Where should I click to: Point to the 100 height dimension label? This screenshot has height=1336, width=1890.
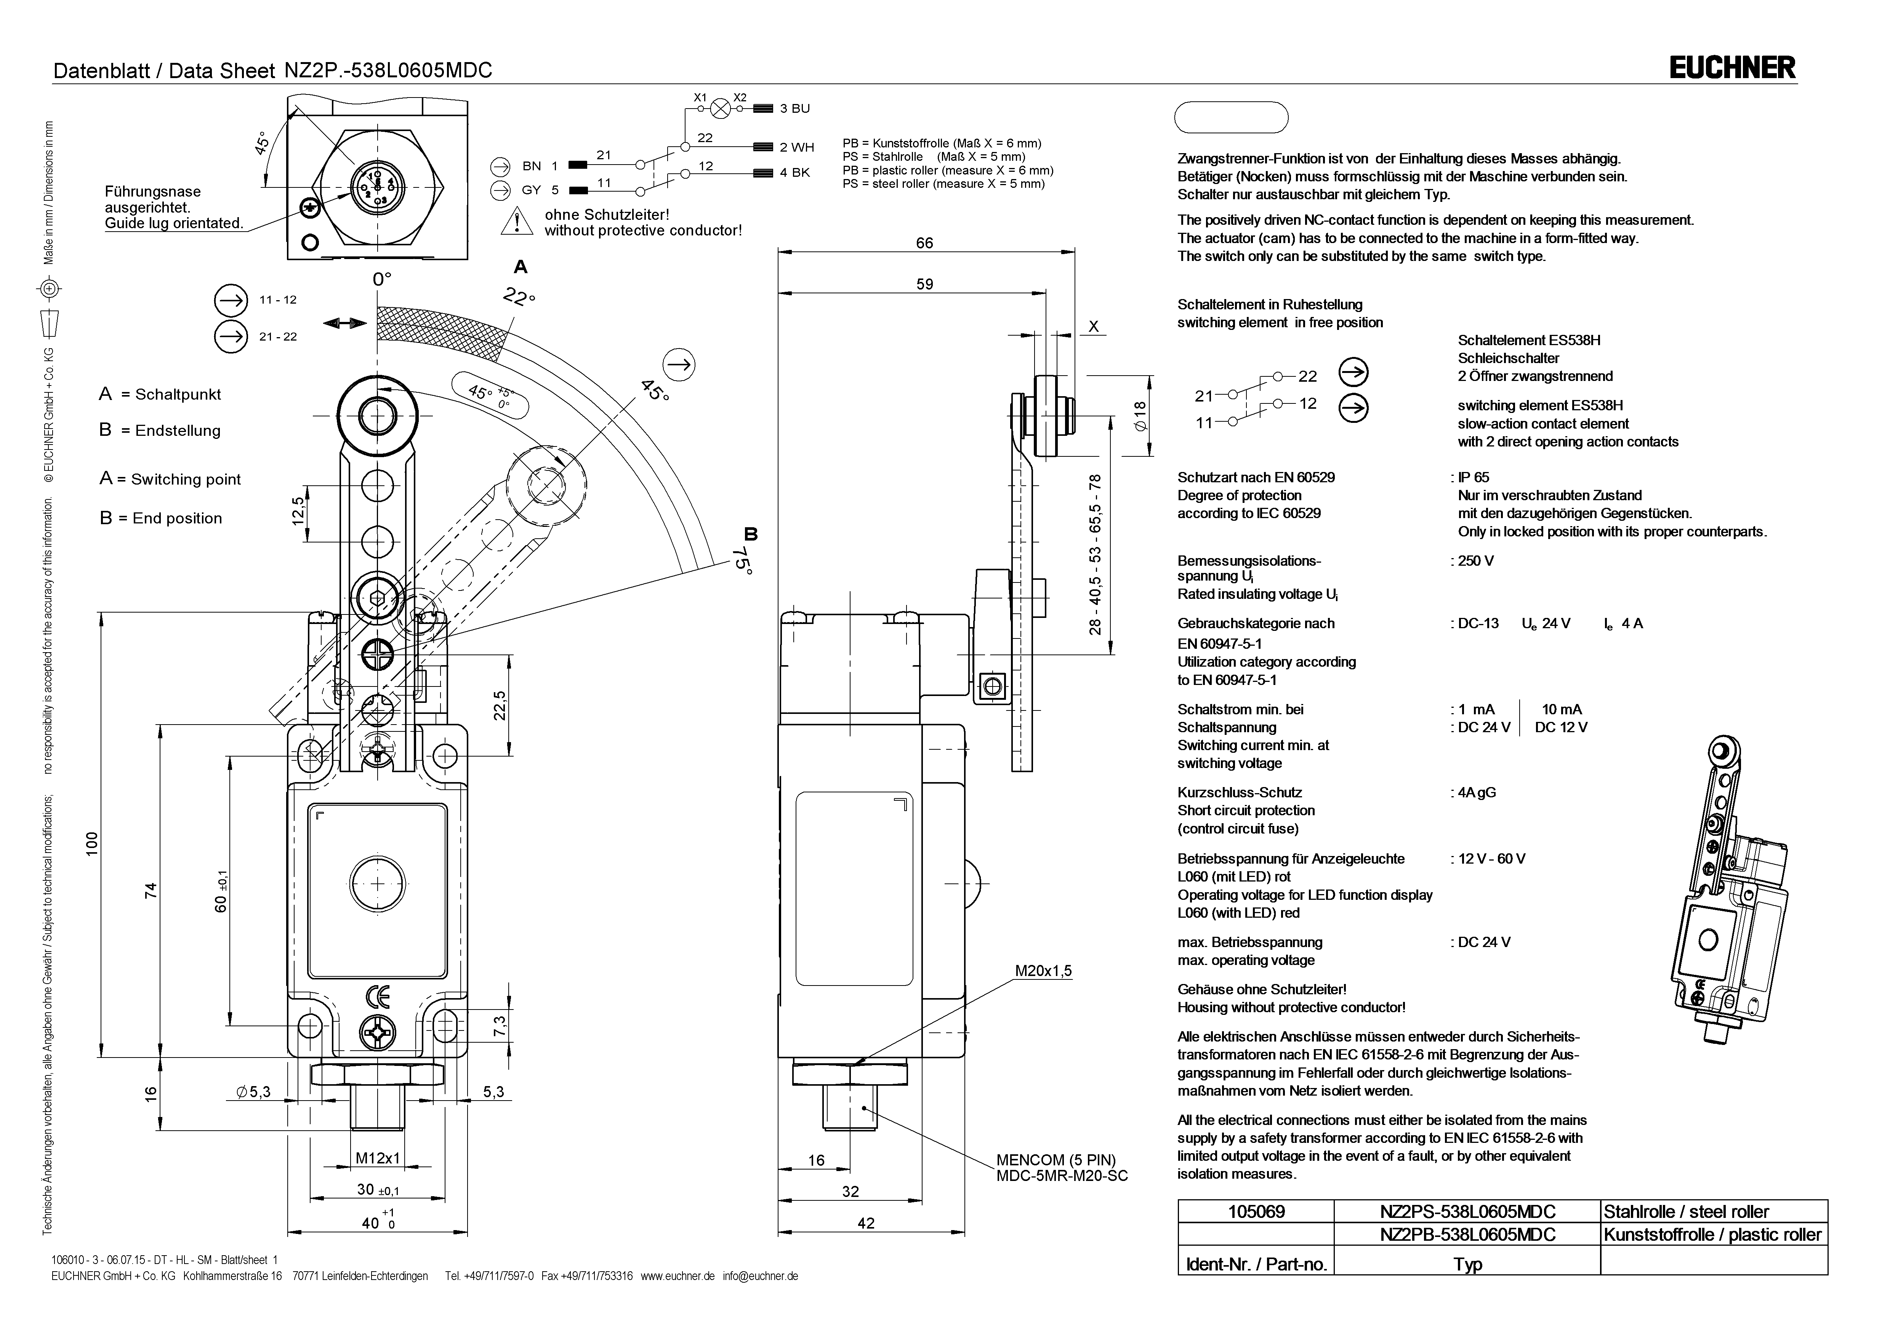click(x=92, y=844)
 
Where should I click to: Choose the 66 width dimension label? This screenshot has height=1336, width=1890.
click(x=924, y=243)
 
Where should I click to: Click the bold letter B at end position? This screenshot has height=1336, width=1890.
click(x=750, y=533)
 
